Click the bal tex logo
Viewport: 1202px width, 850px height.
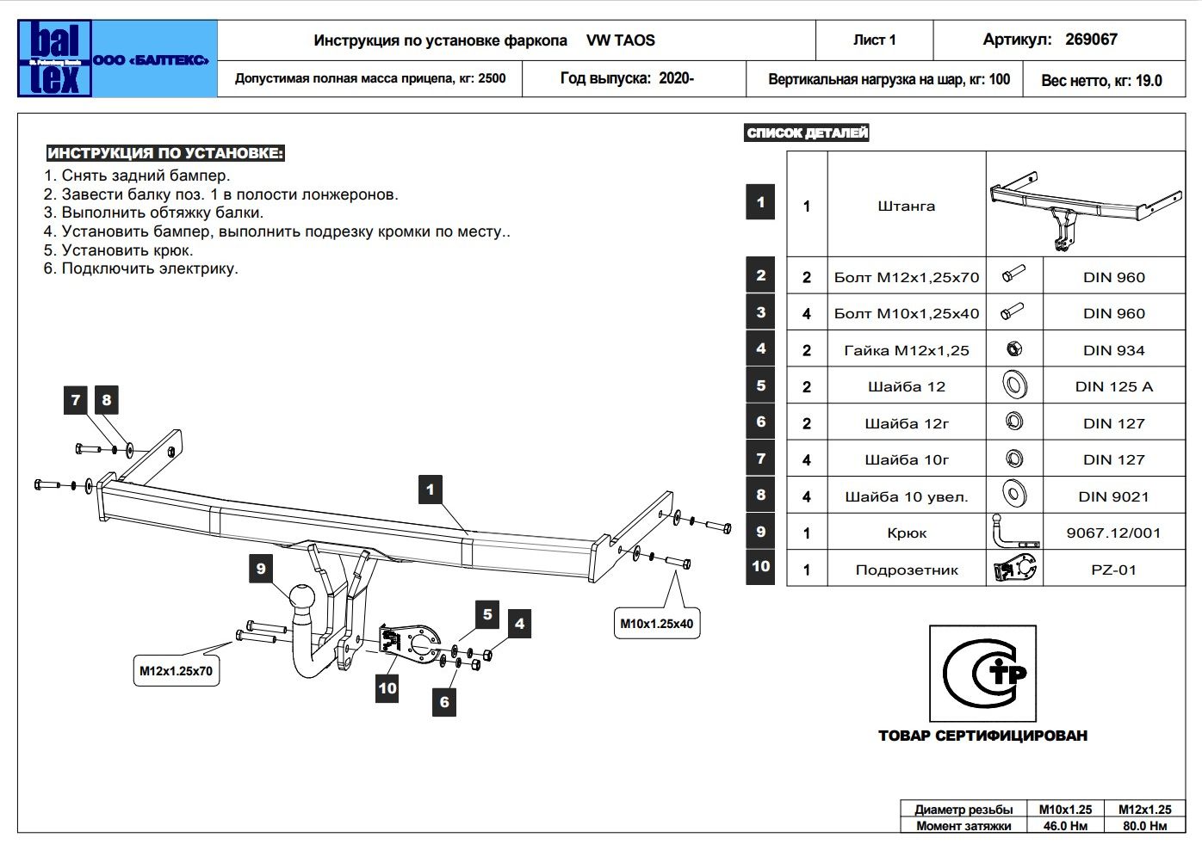(54, 59)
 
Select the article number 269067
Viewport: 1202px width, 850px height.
(1091, 40)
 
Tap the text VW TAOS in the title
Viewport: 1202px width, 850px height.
(620, 40)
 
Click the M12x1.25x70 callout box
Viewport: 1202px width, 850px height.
(176, 671)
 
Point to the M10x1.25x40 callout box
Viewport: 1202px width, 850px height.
(656, 624)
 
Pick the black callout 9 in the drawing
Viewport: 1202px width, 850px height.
(261, 568)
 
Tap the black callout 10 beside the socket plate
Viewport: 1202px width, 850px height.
(387, 687)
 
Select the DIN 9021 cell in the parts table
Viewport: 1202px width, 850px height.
(1113, 496)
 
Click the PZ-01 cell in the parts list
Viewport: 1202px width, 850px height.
(1113, 570)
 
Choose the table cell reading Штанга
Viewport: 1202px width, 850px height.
(906, 206)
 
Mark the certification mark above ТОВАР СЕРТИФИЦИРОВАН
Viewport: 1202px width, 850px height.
(982, 674)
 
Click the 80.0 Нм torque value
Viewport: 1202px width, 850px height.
(1144, 826)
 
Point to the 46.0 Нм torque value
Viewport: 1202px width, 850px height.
(1065, 826)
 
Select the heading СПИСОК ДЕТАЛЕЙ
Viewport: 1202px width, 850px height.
(807, 132)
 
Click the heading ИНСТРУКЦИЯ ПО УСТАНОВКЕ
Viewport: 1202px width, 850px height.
(165, 153)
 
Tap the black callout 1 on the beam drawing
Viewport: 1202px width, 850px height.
(431, 490)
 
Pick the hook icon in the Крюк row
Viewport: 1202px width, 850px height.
(1013, 532)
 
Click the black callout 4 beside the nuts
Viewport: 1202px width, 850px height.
(519, 624)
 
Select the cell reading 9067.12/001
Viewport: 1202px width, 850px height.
(1113, 533)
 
